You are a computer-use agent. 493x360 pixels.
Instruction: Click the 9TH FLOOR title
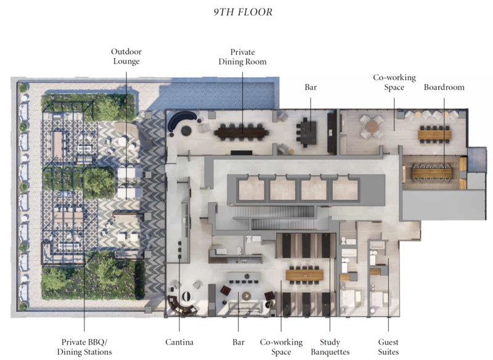click(243, 12)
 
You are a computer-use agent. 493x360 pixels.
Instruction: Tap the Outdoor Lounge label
click(126, 56)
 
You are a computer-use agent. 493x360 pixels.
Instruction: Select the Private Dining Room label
click(242, 57)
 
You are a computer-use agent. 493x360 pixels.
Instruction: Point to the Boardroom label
click(444, 87)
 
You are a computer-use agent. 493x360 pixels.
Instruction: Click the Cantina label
click(179, 342)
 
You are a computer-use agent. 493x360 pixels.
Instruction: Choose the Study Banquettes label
click(330, 347)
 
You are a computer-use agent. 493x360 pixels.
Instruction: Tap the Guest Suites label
click(388, 347)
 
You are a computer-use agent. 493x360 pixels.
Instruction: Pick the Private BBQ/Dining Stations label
click(84, 347)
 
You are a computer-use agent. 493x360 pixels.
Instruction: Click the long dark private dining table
click(242, 132)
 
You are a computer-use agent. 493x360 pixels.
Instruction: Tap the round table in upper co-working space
click(372, 127)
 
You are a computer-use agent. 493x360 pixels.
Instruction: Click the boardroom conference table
click(432, 173)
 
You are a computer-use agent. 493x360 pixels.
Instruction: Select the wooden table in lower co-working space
click(304, 275)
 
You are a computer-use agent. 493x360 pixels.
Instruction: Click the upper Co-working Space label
click(394, 82)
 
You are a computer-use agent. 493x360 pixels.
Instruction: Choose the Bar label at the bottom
click(238, 342)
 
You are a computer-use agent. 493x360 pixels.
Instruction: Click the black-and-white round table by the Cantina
click(187, 296)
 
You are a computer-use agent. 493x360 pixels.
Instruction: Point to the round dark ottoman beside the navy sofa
click(186, 131)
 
